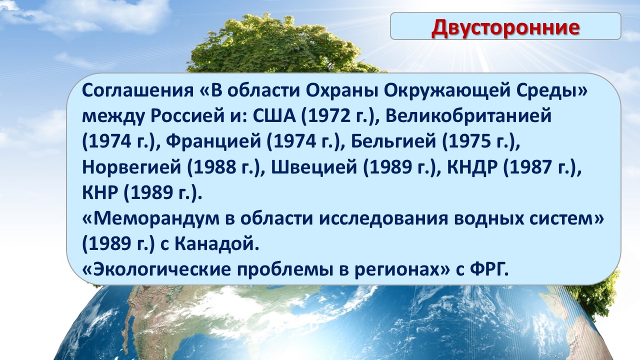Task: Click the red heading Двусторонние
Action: [505, 27]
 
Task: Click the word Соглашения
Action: [137, 91]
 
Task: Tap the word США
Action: [274, 116]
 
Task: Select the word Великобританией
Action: [468, 117]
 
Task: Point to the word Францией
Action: [213, 142]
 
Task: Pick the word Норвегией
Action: [131, 167]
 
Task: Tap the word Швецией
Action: [314, 167]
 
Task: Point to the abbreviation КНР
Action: [99, 192]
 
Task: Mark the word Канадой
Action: [214, 244]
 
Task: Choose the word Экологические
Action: [161, 269]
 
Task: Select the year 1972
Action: [328, 116]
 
